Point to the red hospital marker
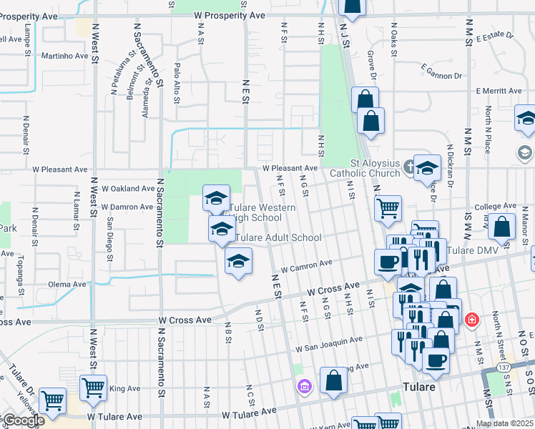[x=471, y=318]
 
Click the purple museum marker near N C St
[x=304, y=386]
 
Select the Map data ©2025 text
[x=505, y=423]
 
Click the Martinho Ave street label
[x=64, y=56]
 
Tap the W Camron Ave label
[x=307, y=267]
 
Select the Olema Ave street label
[x=67, y=284]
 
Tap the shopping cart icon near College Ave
[x=388, y=209]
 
